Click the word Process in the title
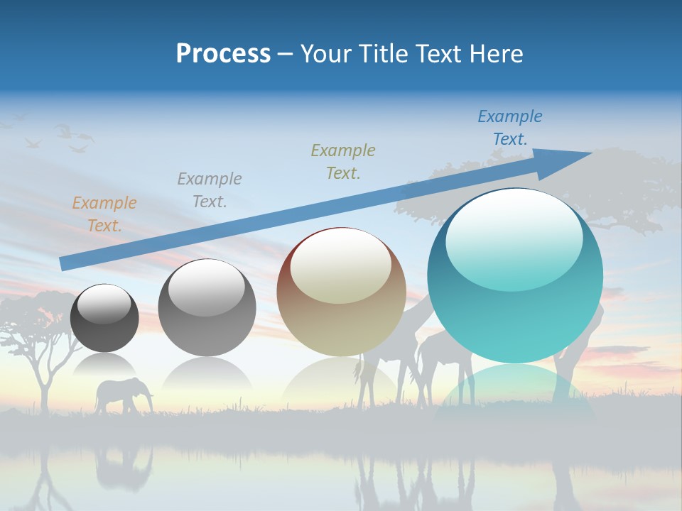pyautogui.click(x=223, y=54)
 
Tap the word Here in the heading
pyautogui.click(x=496, y=54)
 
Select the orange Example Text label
pyautogui.click(x=104, y=214)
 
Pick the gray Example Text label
pyautogui.click(x=209, y=190)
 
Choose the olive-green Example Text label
pyautogui.click(x=343, y=161)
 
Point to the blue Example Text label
pyautogui.click(x=510, y=128)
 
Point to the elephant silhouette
pyautogui.click(x=124, y=394)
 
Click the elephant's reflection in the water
pyautogui.click(x=125, y=465)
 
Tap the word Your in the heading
pyautogui.click(x=324, y=54)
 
